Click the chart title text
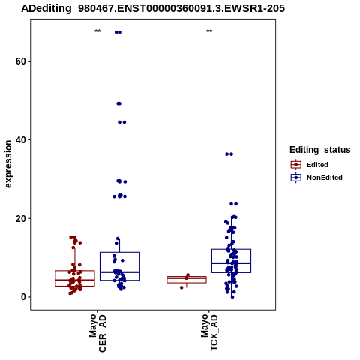coord(153,9)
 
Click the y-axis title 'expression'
coord(8,164)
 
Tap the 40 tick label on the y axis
coord(21,140)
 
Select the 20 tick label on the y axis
coord(21,218)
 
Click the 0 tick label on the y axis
coord(24,297)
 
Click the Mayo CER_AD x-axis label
coord(97,333)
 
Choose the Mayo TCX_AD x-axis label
coord(209,332)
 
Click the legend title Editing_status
coord(320,150)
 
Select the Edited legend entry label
coord(317,165)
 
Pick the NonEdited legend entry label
coord(325,178)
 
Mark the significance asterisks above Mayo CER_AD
coord(97,31)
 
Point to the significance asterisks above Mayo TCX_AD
coord(209,31)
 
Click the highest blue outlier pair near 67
coord(118,32)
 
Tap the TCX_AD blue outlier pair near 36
coord(229,154)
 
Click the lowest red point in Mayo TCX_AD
coord(181,287)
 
